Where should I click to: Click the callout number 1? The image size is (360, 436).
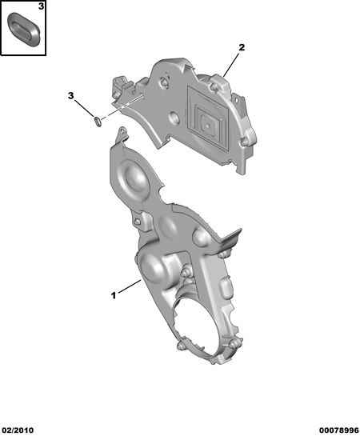click(x=114, y=295)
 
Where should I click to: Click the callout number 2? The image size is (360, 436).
click(x=242, y=47)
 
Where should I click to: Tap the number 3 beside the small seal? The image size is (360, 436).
click(x=71, y=96)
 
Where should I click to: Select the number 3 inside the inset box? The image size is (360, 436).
click(x=41, y=6)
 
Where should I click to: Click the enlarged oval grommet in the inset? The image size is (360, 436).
click(x=24, y=28)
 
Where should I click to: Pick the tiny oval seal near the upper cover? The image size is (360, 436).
click(x=98, y=121)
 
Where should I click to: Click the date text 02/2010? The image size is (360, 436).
click(x=18, y=430)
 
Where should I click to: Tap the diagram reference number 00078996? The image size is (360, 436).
click(x=339, y=430)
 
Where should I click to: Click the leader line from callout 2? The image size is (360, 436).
click(x=231, y=65)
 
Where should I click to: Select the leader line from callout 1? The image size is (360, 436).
click(x=130, y=286)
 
